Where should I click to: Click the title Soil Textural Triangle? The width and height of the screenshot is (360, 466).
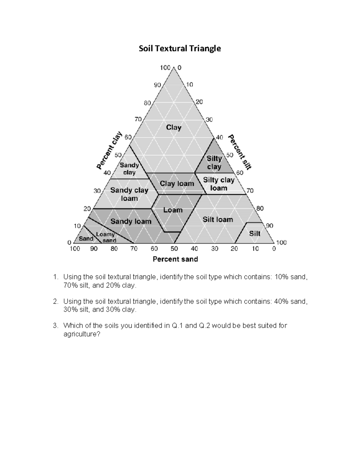click(x=180, y=49)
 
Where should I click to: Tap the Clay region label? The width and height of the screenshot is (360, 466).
click(x=174, y=128)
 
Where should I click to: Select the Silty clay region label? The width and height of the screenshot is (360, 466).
click(x=214, y=163)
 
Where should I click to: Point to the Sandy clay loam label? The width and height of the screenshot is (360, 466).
click(x=129, y=194)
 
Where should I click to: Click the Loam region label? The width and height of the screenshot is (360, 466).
click(x=173, y=210)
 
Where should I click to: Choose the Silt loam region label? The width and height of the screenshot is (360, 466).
click(x=218, y=220)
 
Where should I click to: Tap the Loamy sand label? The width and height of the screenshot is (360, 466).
click(x=106, y=237)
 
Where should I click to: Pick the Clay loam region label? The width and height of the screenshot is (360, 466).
click(x=177, y=184)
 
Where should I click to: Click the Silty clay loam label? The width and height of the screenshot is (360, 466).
click(x=219, y=184)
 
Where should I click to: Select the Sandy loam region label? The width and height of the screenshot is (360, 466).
click(x=131, y=221)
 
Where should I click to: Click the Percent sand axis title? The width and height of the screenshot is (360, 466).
click(x=175, y=259)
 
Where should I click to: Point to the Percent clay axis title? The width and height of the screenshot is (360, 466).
click(x=109, y=150)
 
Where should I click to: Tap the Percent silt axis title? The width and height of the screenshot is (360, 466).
click(x=240, y=152)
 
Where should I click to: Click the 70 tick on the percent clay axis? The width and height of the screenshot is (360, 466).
click(x=138, y=119)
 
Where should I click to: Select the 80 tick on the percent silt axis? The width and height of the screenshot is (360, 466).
click(x=260, y=208)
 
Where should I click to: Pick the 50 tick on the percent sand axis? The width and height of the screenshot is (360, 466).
click(x=174, y=249)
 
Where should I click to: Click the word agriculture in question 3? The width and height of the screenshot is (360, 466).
click(x=82, y=334)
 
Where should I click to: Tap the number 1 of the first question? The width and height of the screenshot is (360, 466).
click(x=55, y=277)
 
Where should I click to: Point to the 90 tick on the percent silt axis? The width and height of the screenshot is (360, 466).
click(x=269, y=226)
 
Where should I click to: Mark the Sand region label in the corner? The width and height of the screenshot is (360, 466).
click(x=86, y=239)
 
